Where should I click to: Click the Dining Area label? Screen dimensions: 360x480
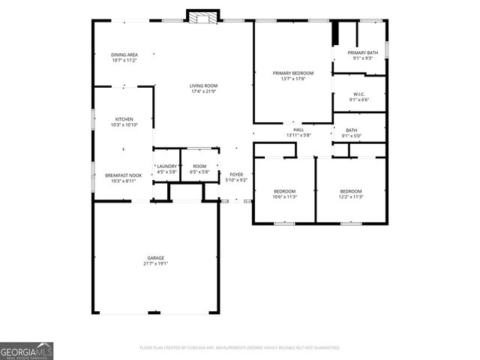124,55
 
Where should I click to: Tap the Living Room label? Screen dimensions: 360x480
203,86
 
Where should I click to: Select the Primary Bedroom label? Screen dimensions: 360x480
292,73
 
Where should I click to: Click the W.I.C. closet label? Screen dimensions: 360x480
360,94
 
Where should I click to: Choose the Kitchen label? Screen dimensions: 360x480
124,118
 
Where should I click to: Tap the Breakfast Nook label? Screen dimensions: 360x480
124,175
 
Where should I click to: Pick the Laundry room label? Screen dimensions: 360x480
166,166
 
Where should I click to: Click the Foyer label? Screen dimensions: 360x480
236,175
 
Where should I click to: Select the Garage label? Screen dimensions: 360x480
155,257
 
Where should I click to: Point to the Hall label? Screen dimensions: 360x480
298,130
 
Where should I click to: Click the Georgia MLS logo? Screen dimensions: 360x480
26,351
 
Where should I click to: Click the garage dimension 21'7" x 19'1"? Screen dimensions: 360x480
155,264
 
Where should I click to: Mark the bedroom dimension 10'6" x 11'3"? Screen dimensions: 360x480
285,196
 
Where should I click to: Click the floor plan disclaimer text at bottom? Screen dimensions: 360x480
240,348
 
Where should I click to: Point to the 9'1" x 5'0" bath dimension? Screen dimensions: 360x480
352,136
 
